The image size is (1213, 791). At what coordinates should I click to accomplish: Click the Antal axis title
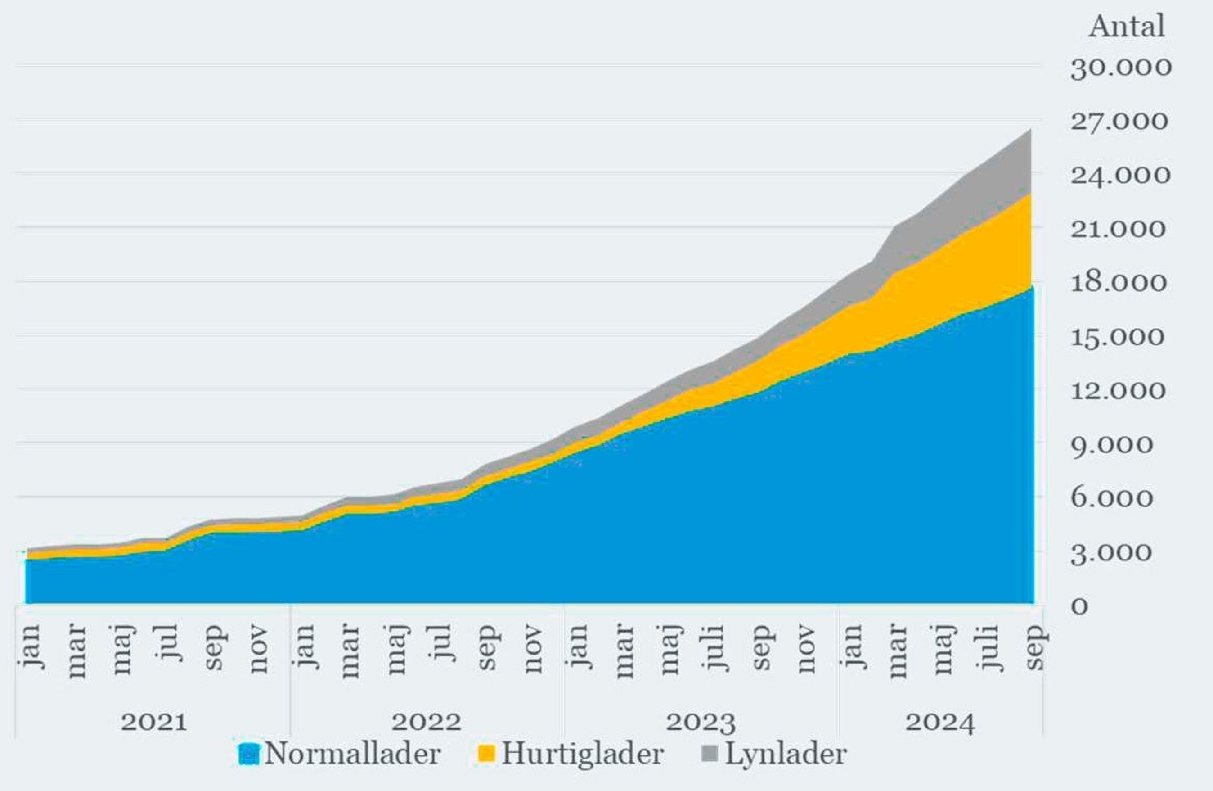[x=1126, y=27]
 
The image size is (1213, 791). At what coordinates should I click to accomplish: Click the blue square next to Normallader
[x=249, y=754]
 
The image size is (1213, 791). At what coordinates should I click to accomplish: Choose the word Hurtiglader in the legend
[x=582, y=754]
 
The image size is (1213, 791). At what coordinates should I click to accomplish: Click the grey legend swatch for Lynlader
[x=710, y=754]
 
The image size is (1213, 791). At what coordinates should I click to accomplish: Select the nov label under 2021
[x=259, y=648]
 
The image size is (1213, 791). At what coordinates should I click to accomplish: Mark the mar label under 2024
[x=898, y=651]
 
